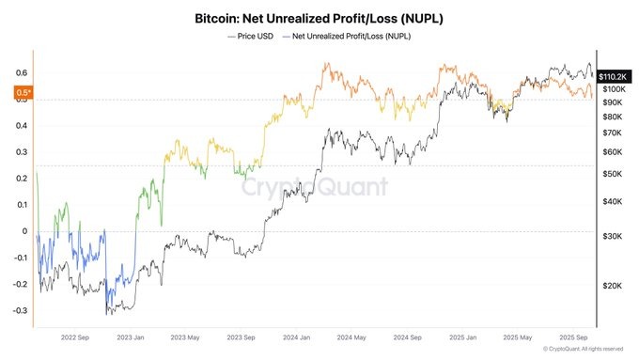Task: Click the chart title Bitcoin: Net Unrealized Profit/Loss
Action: [319, 18]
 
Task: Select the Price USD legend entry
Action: [250, 36]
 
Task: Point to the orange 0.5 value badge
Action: [22, 92]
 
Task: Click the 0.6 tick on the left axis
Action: [20, 72]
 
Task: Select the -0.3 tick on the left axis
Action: [18, 311]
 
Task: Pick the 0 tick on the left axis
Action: [24, 231]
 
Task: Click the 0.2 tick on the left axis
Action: [20, 179]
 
